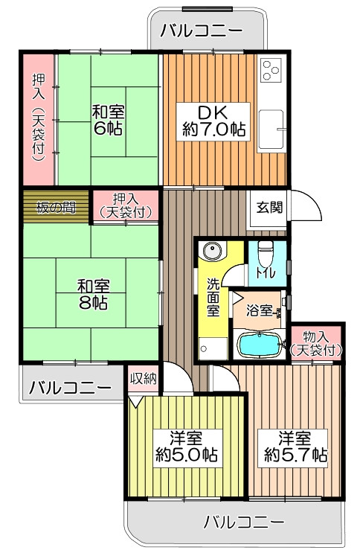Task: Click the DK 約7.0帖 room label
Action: [x=213, y=121]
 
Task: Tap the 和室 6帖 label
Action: [x=108, y=121]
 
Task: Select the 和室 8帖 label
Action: [x=93, y=294]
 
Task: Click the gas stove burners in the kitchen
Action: [x=271, y=69]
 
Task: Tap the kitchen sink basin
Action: [x=271, y=130]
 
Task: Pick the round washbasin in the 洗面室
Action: [x=212, y=251]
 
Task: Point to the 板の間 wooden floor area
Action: [x=56, y=207]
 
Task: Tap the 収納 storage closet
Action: [x=143, y=379]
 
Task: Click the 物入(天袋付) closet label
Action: [x=315, y=344]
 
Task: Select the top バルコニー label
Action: [x=202, y=31]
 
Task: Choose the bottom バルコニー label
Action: [x=244, y=522]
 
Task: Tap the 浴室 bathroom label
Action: [x=260, y=310]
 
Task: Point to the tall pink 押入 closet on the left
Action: [x=38, y=119]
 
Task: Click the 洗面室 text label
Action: [x=213, y=297]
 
